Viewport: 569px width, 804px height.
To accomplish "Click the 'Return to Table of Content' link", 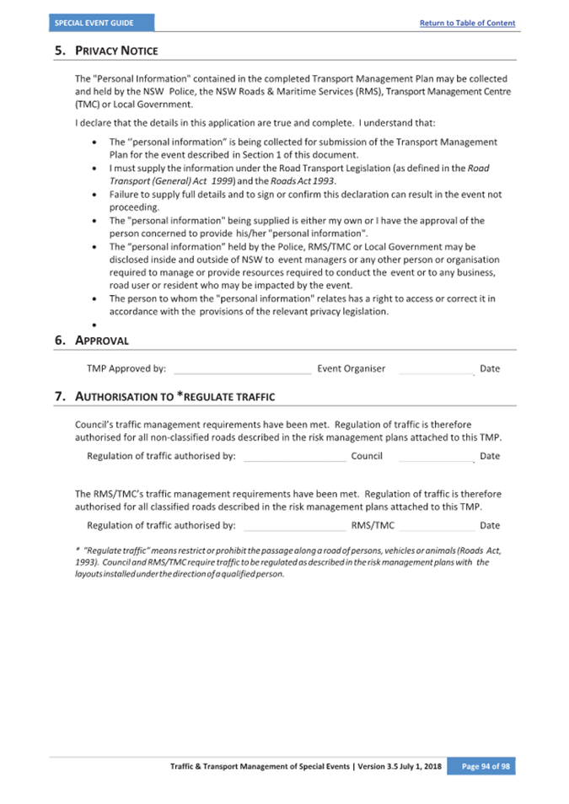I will coord(467,23).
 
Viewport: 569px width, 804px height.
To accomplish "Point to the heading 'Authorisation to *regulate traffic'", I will coord(175,395).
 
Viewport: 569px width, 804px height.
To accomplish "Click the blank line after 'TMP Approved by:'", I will coord(242,369).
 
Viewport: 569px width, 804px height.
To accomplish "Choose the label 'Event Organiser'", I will coord(351,368).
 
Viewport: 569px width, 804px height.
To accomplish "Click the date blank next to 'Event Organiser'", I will coord(436,369).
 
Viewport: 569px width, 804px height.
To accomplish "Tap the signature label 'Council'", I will coord(367,456).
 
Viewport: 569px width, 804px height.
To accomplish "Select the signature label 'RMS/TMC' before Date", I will coord(373,525).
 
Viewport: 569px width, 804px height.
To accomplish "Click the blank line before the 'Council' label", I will coord(294,457).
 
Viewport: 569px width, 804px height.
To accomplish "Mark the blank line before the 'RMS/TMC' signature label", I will coord(294,526).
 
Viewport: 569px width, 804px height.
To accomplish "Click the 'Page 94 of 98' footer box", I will coord(480,766).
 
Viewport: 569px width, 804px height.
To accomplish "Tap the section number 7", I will coord(59,395).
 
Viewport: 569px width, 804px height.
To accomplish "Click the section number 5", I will coord(59,51).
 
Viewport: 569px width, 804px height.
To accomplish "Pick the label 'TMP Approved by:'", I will coord(126,368).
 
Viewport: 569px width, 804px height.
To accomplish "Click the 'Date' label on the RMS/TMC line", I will coord(490,525).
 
